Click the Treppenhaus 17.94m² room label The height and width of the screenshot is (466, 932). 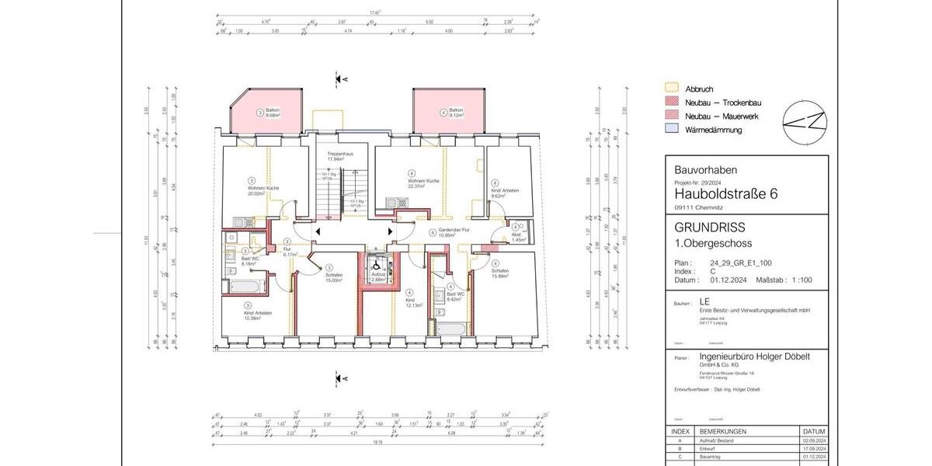click(340, 156)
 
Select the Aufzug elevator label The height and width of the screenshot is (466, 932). click(377, 276)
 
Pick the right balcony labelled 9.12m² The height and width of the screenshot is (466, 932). click(456, 113)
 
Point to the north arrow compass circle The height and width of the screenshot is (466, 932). click(804, 122)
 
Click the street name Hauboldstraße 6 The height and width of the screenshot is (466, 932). click(725, 193)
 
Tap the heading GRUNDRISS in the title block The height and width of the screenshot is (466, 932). click(710, 228)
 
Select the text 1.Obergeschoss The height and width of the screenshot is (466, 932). click(713, 243)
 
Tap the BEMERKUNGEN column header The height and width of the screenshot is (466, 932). click(725, 430)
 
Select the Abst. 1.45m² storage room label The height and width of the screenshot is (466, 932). click(516, 239)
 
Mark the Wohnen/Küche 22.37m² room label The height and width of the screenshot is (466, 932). click(423, 183)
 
